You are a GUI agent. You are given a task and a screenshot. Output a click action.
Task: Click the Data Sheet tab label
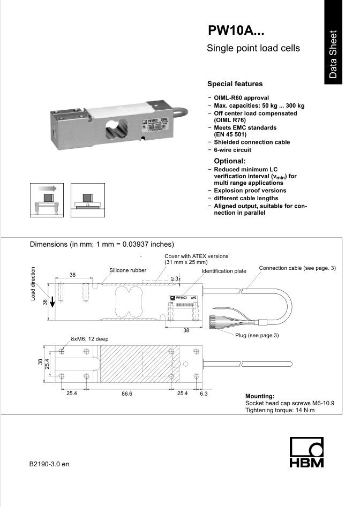click(x=334, y=54)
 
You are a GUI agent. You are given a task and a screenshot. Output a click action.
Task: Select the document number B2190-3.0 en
click(x=50, y=464)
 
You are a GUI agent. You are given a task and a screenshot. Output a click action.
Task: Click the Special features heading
click(x=235, y=84)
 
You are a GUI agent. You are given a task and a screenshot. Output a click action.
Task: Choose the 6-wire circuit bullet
click(x=232, y=150)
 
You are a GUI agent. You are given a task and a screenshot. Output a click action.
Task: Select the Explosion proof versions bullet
click(x=250, y=191)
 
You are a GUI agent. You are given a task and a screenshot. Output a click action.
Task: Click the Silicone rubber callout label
click(x=127, y=270)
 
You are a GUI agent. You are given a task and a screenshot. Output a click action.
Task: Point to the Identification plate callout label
click(x=224, y=271)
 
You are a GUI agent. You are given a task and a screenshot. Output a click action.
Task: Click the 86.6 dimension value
click(x=127, y=394)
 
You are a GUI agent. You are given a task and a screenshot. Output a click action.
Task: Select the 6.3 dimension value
click(x=204, y=394)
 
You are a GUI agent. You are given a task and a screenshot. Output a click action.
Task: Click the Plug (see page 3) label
click(x=257, y=335)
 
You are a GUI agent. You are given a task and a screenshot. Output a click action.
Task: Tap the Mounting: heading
click(x=259, y=396)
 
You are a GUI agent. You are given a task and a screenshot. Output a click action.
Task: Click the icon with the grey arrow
click(x=47, y=200)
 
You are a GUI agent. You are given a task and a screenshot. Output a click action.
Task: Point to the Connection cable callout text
click(x=297, y=268)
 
